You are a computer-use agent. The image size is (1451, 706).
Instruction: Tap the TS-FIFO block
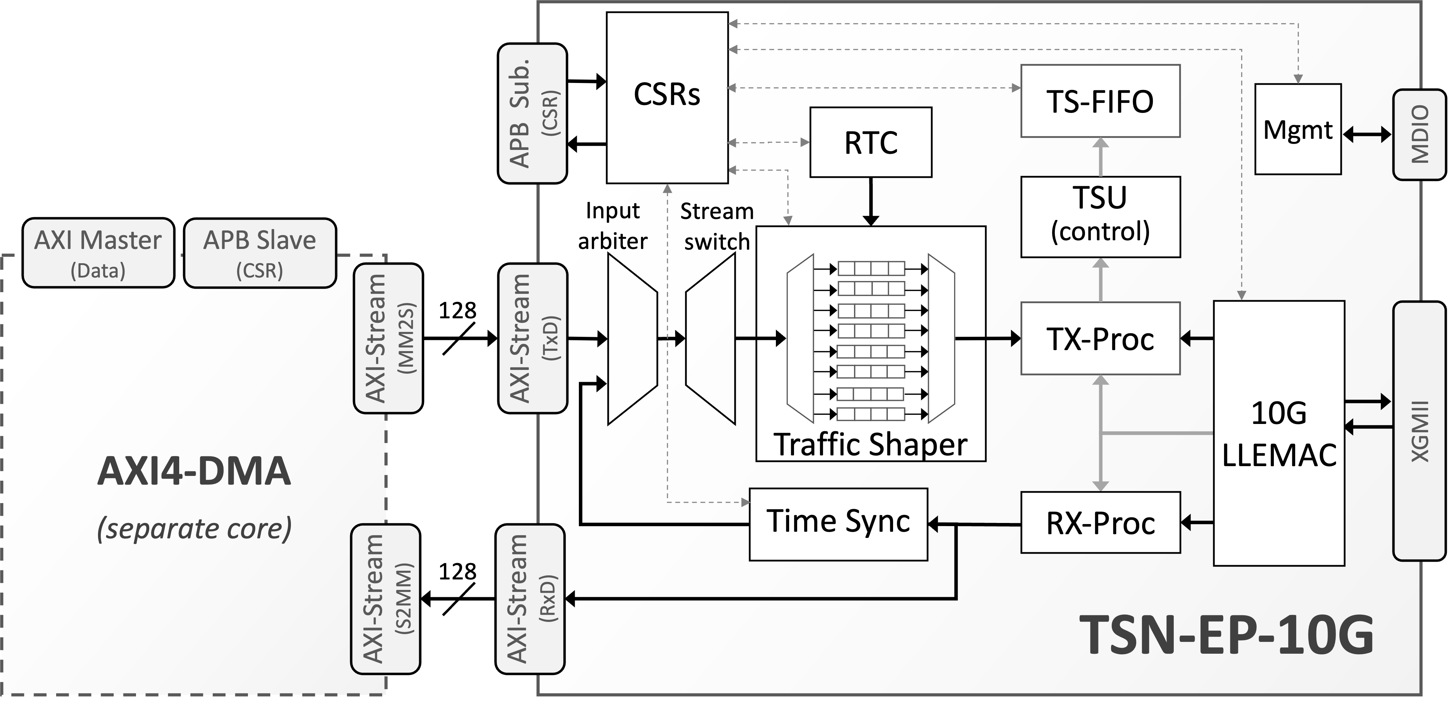point(1100,101)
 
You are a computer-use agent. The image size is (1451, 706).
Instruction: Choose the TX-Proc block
point(1100,339)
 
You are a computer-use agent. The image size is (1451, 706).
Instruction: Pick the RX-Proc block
point(1100,523)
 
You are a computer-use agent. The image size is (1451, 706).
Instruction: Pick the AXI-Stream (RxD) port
point(531,599)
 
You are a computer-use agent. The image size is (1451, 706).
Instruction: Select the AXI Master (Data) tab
point(98,254)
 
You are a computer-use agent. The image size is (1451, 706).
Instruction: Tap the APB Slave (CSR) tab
point(260,254)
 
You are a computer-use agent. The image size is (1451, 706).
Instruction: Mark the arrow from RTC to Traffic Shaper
point(871,202)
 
